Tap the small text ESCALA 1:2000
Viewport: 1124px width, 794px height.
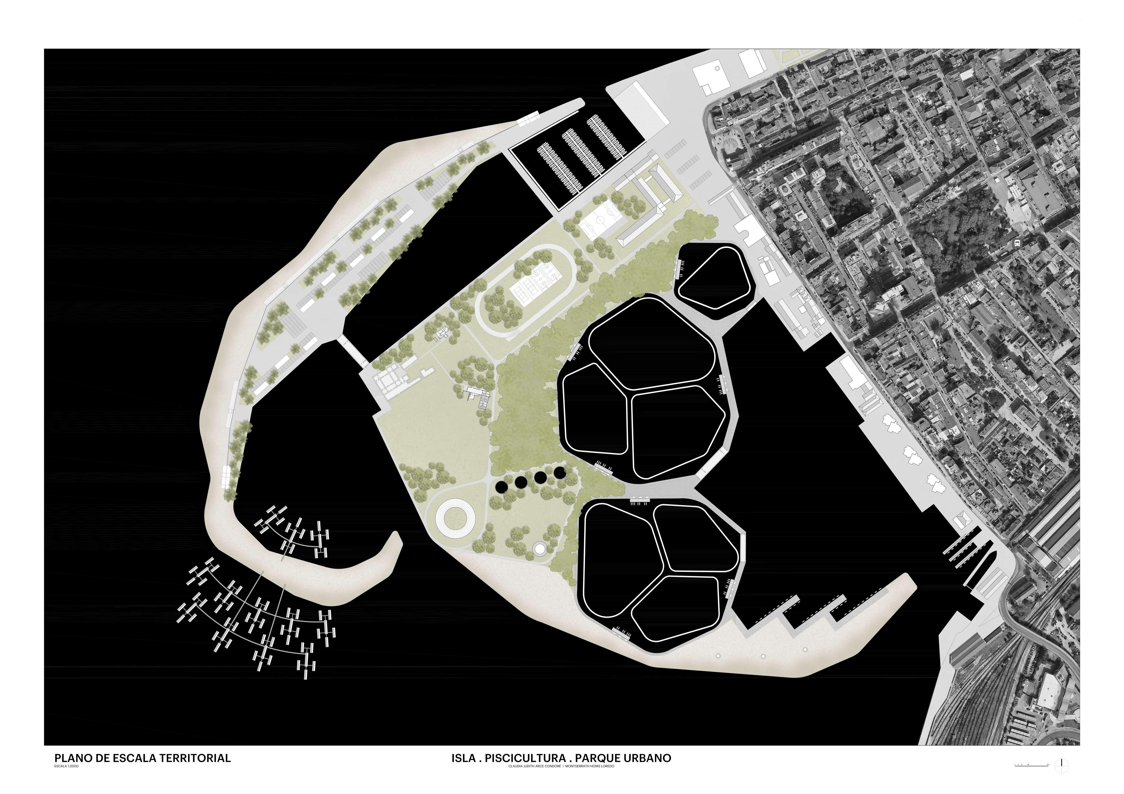click(66, 767)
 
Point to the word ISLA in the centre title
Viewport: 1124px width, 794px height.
click(463, 758)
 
